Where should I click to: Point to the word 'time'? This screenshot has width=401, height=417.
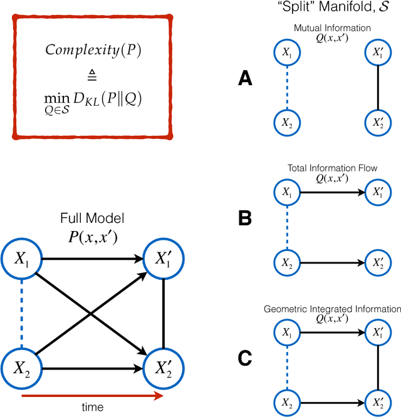(x=93, y=408)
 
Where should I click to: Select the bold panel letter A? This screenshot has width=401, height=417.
(x=246, y=78)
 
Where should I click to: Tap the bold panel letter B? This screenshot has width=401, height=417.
(x=246, y=219)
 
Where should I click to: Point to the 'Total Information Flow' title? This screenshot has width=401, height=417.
(x=326, y=168)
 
